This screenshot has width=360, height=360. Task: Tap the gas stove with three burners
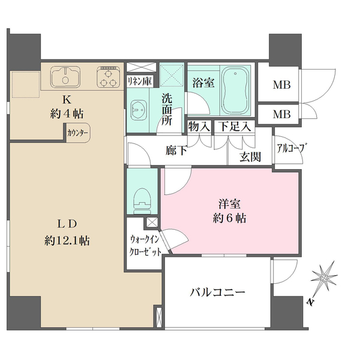(109, 76)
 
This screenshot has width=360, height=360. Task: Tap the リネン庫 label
(139, 80)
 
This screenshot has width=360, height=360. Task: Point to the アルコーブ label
(289, 148)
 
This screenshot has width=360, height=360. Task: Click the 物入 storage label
(199, 127)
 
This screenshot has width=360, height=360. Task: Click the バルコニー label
(218, 293)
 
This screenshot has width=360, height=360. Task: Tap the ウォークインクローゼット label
(145, 245)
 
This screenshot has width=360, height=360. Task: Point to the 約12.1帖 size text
(67, 241)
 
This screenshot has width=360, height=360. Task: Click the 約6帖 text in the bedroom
(230, 219)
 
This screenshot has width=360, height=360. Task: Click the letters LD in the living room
(67, 224)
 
